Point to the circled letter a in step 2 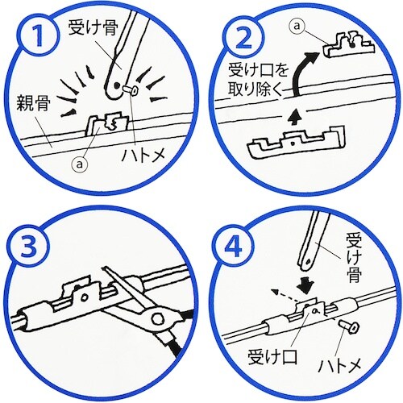pyautogui.click(x=300, y=27)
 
